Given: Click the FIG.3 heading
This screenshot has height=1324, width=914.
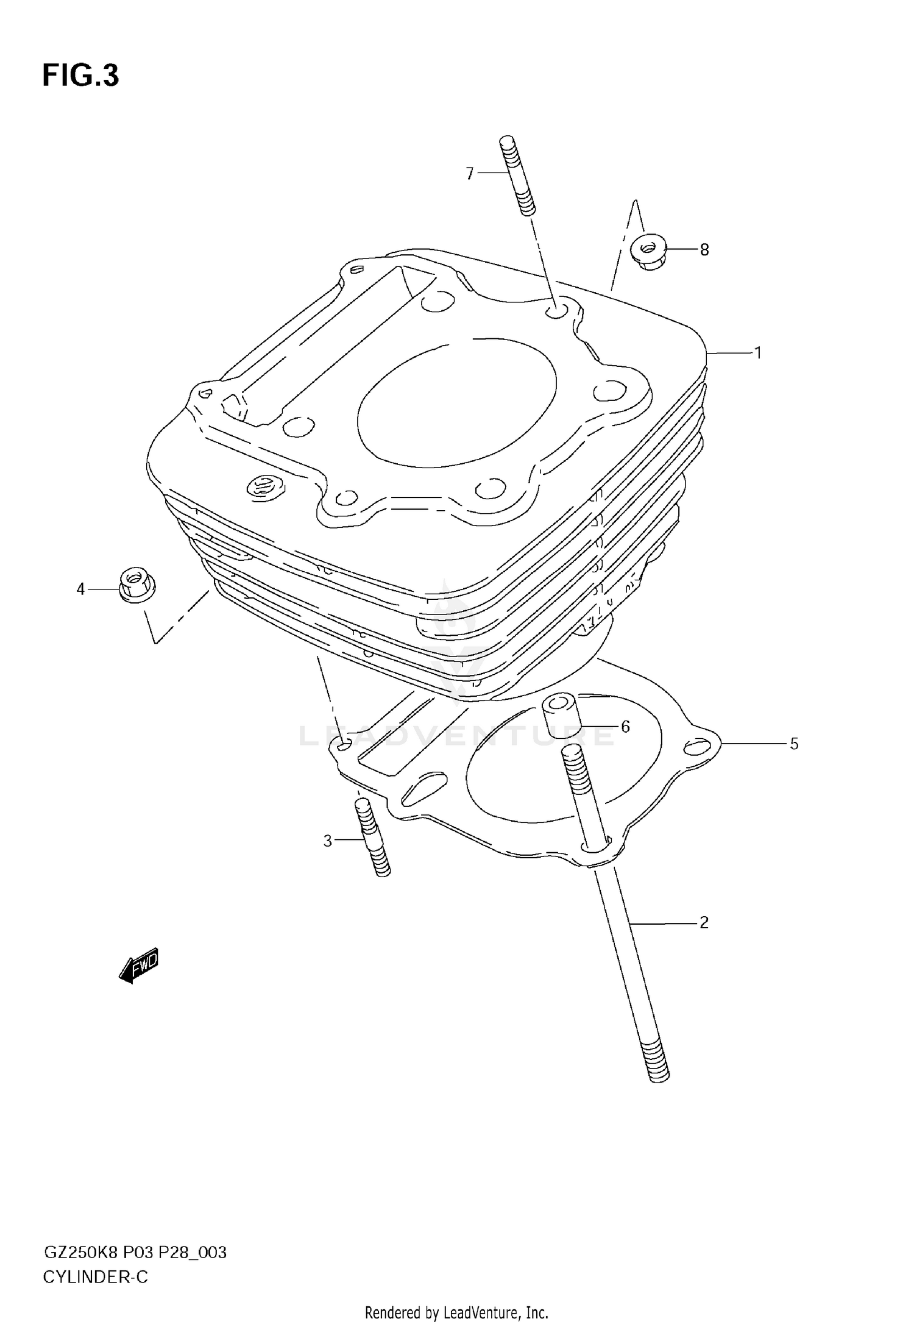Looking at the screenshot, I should [80, 76].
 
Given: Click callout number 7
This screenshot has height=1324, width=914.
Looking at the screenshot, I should [469, 174].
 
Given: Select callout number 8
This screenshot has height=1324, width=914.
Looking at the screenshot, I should [704, 250].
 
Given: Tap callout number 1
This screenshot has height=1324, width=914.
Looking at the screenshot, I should [758, 353].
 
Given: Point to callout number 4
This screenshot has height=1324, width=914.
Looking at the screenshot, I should [80, 589].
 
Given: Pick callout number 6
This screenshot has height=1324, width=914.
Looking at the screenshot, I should [625, 727].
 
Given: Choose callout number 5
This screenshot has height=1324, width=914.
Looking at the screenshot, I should [794, 744].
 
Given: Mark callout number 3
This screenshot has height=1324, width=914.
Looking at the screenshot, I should [328, 841].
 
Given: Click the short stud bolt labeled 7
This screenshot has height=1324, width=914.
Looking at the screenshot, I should [517, 176].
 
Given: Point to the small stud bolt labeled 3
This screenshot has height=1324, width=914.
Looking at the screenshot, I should [372, 838].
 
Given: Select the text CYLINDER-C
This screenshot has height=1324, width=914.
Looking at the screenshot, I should [95, 1277].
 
